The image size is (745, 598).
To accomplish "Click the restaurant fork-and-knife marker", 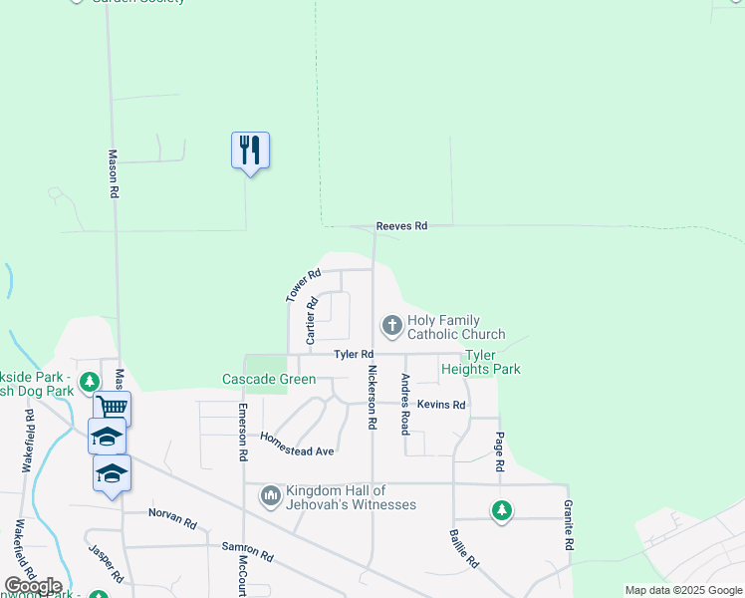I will [250, 150].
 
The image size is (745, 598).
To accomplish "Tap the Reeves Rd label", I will [401, 226].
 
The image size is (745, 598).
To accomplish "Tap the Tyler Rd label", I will [354, 354].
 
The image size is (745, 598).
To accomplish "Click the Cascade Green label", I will [268, 380].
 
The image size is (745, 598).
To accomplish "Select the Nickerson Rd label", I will [372, 397].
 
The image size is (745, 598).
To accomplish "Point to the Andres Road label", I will [405, 404].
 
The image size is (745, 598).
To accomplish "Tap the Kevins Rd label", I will [441, 405].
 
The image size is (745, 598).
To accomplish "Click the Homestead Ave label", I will [297, 445].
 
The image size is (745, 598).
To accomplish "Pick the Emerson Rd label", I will [242, 432].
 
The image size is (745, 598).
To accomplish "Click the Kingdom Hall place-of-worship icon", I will [271, 495].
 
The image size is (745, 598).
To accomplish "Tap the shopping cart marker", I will [112, 407].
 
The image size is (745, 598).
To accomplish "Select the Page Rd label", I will [499, 451].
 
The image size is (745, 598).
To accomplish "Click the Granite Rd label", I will [570, 526].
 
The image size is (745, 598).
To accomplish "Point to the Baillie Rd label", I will [463, 547].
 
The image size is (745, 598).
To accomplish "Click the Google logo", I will [33, 586].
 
